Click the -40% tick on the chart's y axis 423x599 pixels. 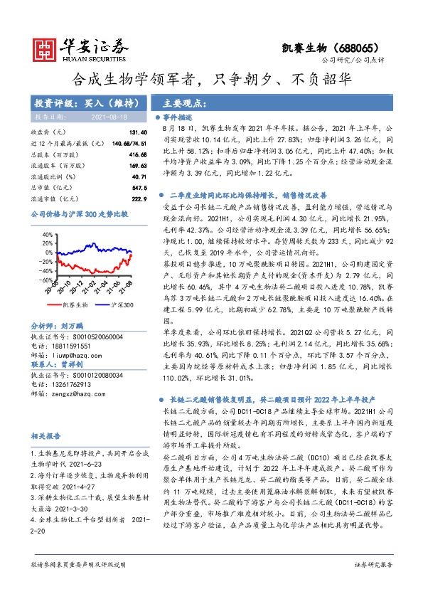47,270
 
